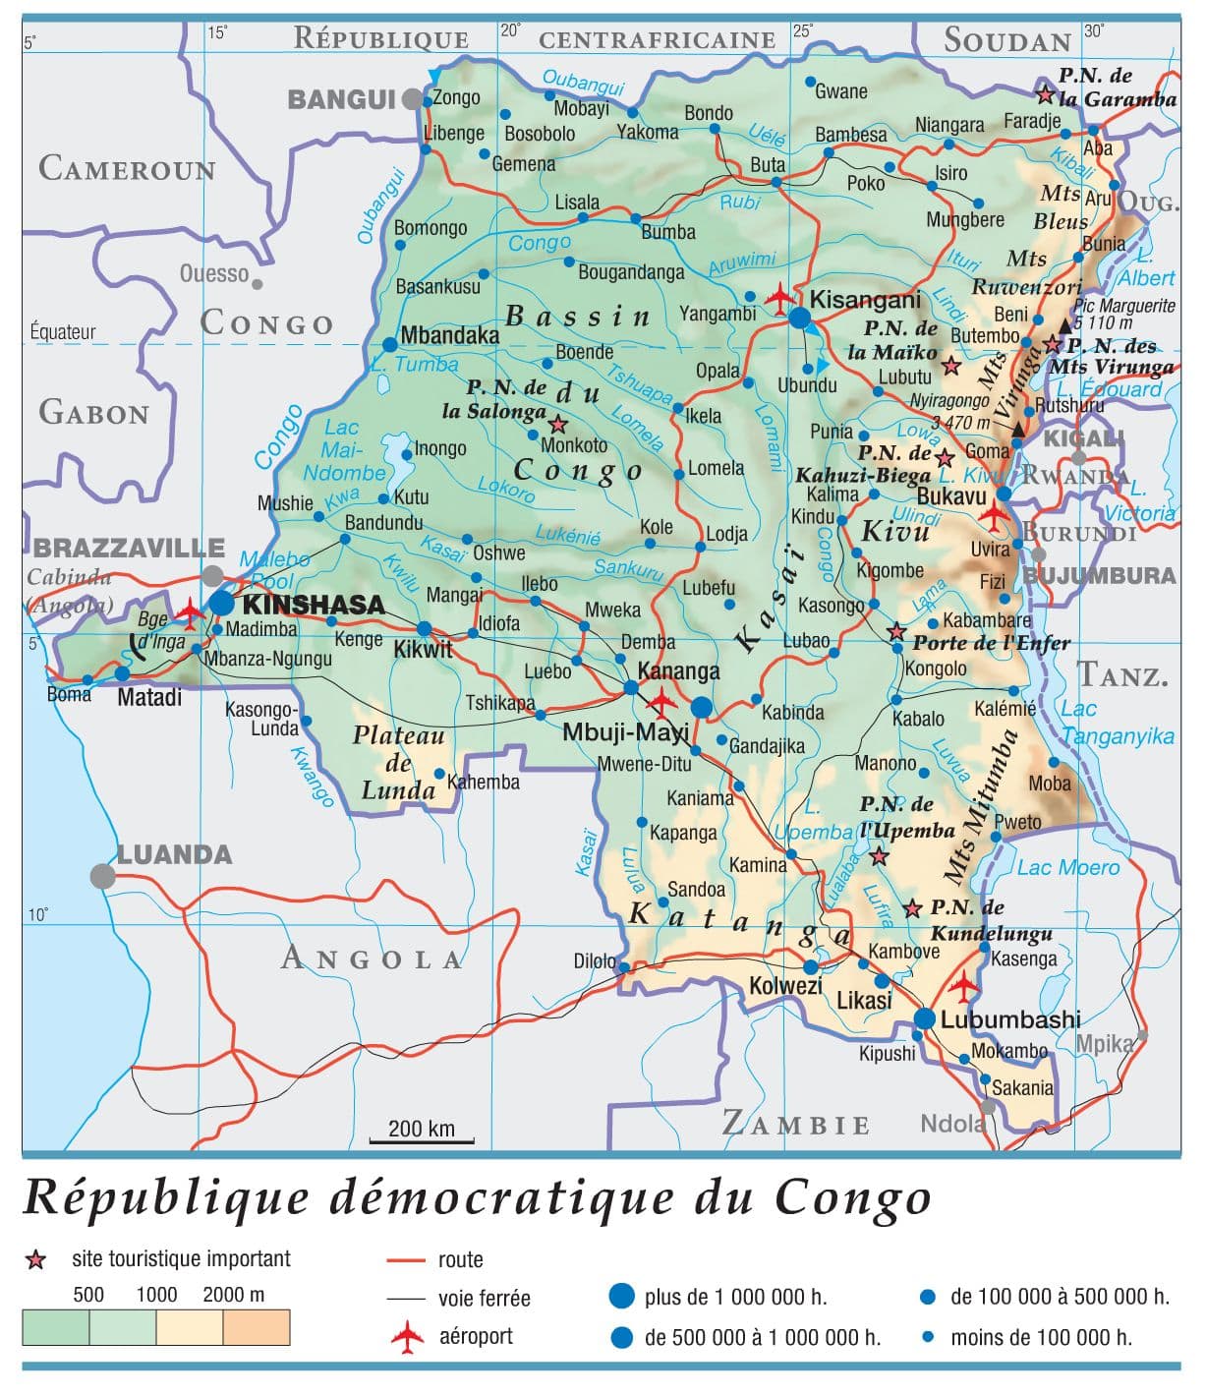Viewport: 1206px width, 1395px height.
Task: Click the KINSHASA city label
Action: pos(313,605)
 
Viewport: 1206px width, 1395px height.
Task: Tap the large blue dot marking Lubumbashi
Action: pos(925,1019)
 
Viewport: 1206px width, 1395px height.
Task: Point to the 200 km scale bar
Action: pos(422,1141)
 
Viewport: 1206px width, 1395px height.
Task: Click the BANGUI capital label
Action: pos(341,99)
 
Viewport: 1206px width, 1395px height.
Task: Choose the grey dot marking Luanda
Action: pos(101,876)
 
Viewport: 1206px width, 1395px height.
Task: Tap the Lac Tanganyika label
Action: pos(1118,723)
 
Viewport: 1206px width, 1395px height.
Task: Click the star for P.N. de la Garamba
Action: pos(1045,94)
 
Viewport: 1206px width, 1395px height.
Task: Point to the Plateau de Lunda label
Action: pos(398,763)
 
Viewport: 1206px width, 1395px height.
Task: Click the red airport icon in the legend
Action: pos(407,1337)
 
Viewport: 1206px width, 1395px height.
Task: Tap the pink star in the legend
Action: pos(35,1260)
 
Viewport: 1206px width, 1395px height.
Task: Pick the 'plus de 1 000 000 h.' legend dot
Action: pos(621,1297)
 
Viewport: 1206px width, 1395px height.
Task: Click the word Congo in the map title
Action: pos(852,1198)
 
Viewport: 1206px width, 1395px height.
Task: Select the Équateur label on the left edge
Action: pos(63,332)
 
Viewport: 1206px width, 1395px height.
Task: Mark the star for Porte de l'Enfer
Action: pos(896,631)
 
